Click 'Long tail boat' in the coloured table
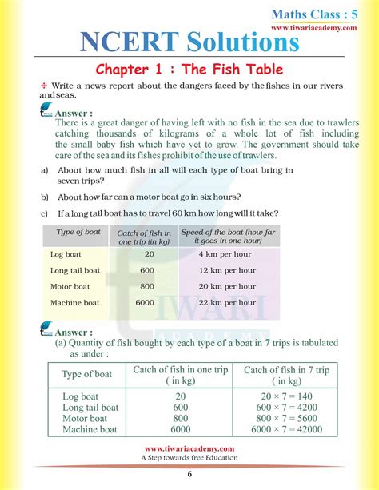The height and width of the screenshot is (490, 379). [74, 270]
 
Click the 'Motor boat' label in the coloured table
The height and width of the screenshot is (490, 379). [70, 286]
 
